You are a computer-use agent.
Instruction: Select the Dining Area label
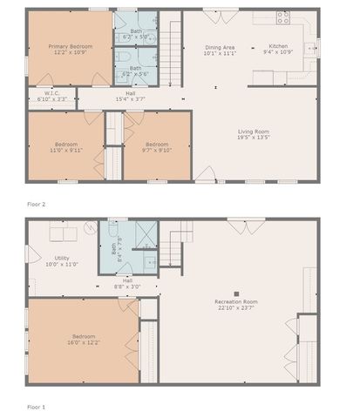[x=220, y=50]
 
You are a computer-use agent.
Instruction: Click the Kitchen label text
[x=278, y=50]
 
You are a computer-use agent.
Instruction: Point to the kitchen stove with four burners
[x=282, y=17]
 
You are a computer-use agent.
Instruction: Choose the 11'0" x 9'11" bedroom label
[x=65, y=146]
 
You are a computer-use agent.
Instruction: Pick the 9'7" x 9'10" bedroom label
[x=157, y=146]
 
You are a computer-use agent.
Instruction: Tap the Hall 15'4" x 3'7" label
[x=130, y=96]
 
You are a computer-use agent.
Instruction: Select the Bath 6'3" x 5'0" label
[x=136, y=34]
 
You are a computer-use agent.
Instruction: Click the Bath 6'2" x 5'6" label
[x=136, y=71]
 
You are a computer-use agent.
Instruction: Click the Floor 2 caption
[x=36, y=203]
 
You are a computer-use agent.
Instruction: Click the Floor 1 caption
[x=36, y=407]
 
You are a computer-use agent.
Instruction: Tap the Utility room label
[x=62, y=260]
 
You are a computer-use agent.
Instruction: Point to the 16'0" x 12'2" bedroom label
[x=84, y=339]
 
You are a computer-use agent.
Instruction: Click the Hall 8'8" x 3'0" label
[x=127, y=283]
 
